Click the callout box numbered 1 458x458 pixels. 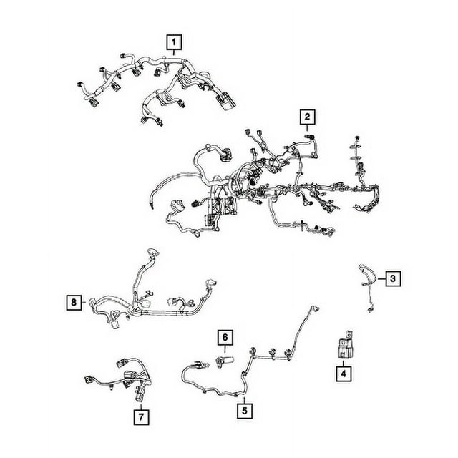pos(174,42)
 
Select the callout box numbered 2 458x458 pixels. pos(307,117)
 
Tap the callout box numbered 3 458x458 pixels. pos(393,278)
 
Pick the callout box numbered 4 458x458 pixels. pos(343,374)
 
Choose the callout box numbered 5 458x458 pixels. pos(245,411)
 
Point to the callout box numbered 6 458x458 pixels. pos(225,337)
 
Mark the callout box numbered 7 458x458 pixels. pos(142,417)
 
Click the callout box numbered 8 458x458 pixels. pos(74,302)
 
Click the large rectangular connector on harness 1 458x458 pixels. pos(225,101)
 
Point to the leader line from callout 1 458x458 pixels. pos(174,52)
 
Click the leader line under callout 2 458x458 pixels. pos(307,127)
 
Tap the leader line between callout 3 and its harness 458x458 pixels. pos(381,279)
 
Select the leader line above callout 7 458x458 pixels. pos(142,406)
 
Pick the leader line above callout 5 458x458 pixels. pos(245,399)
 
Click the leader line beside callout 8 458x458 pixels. pos(84,302)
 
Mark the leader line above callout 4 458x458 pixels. pos(343,364)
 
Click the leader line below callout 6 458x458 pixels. pos(225,349)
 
